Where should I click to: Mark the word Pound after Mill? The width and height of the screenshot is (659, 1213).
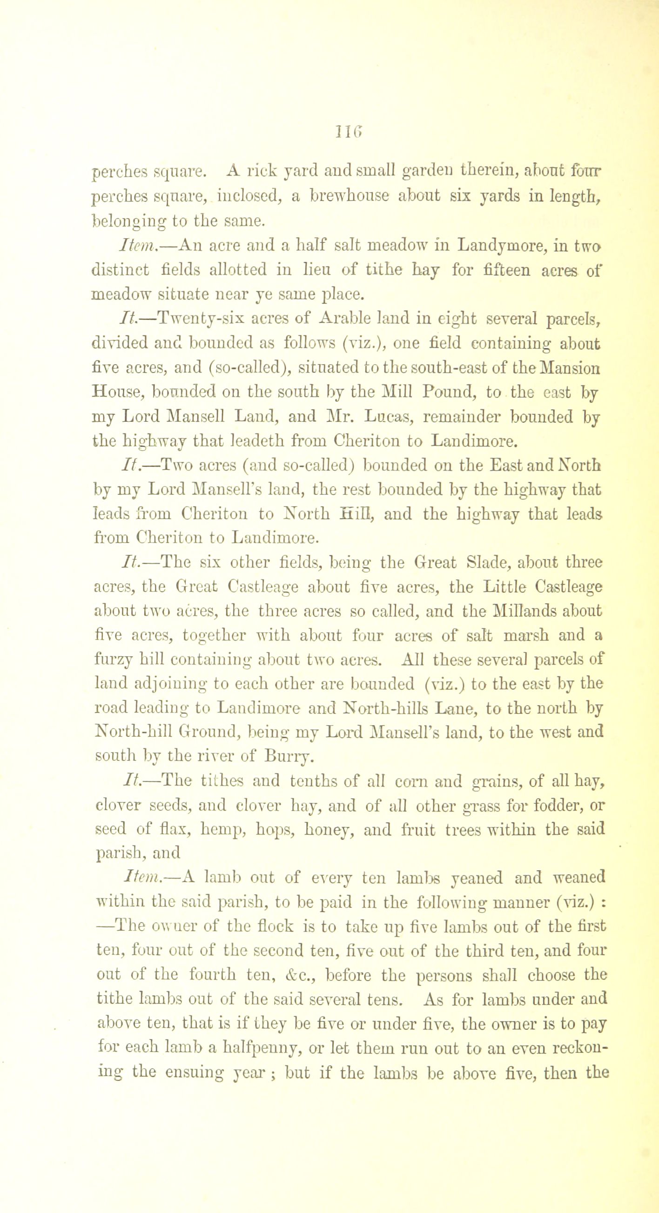(x=450, y=392)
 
